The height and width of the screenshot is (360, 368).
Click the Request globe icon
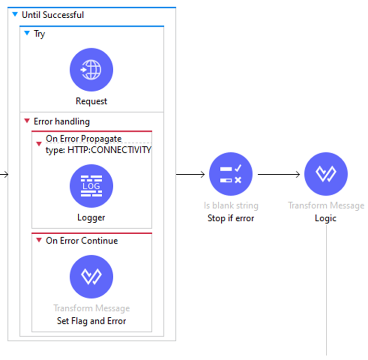(91, 70)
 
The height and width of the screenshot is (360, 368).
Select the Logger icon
(91, 186)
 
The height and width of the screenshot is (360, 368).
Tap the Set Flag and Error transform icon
(91, 276)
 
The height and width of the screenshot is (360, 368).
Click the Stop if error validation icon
(231, 174)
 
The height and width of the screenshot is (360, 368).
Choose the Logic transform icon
(326, 174)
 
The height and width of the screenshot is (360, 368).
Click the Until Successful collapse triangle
(15, 14)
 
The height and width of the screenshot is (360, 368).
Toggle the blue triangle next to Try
(27, 33)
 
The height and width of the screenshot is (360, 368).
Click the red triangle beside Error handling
(27, 121)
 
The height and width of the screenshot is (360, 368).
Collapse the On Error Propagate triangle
(39, 144)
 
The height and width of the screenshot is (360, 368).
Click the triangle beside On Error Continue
(39, 240)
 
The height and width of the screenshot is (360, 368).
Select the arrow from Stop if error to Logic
(279, 174)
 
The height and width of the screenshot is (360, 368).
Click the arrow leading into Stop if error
(190, 174)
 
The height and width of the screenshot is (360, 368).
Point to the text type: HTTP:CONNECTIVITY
(98, 150)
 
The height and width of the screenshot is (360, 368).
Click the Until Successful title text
(53, 15)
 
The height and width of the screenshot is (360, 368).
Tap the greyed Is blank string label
(231, 205)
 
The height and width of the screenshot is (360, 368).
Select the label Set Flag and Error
(92, 321)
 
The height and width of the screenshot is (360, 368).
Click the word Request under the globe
(91, 101)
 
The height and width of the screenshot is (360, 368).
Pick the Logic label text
(325, 218)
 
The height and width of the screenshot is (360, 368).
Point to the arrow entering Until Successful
(4, 174)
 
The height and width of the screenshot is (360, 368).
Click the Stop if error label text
(231, 218)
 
